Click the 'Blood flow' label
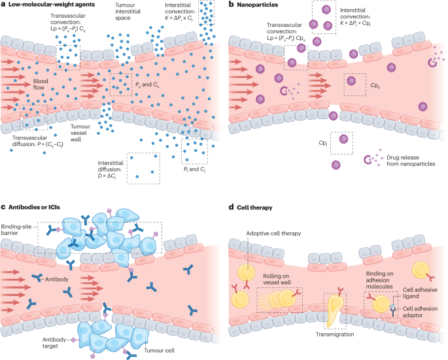[32, 84]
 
